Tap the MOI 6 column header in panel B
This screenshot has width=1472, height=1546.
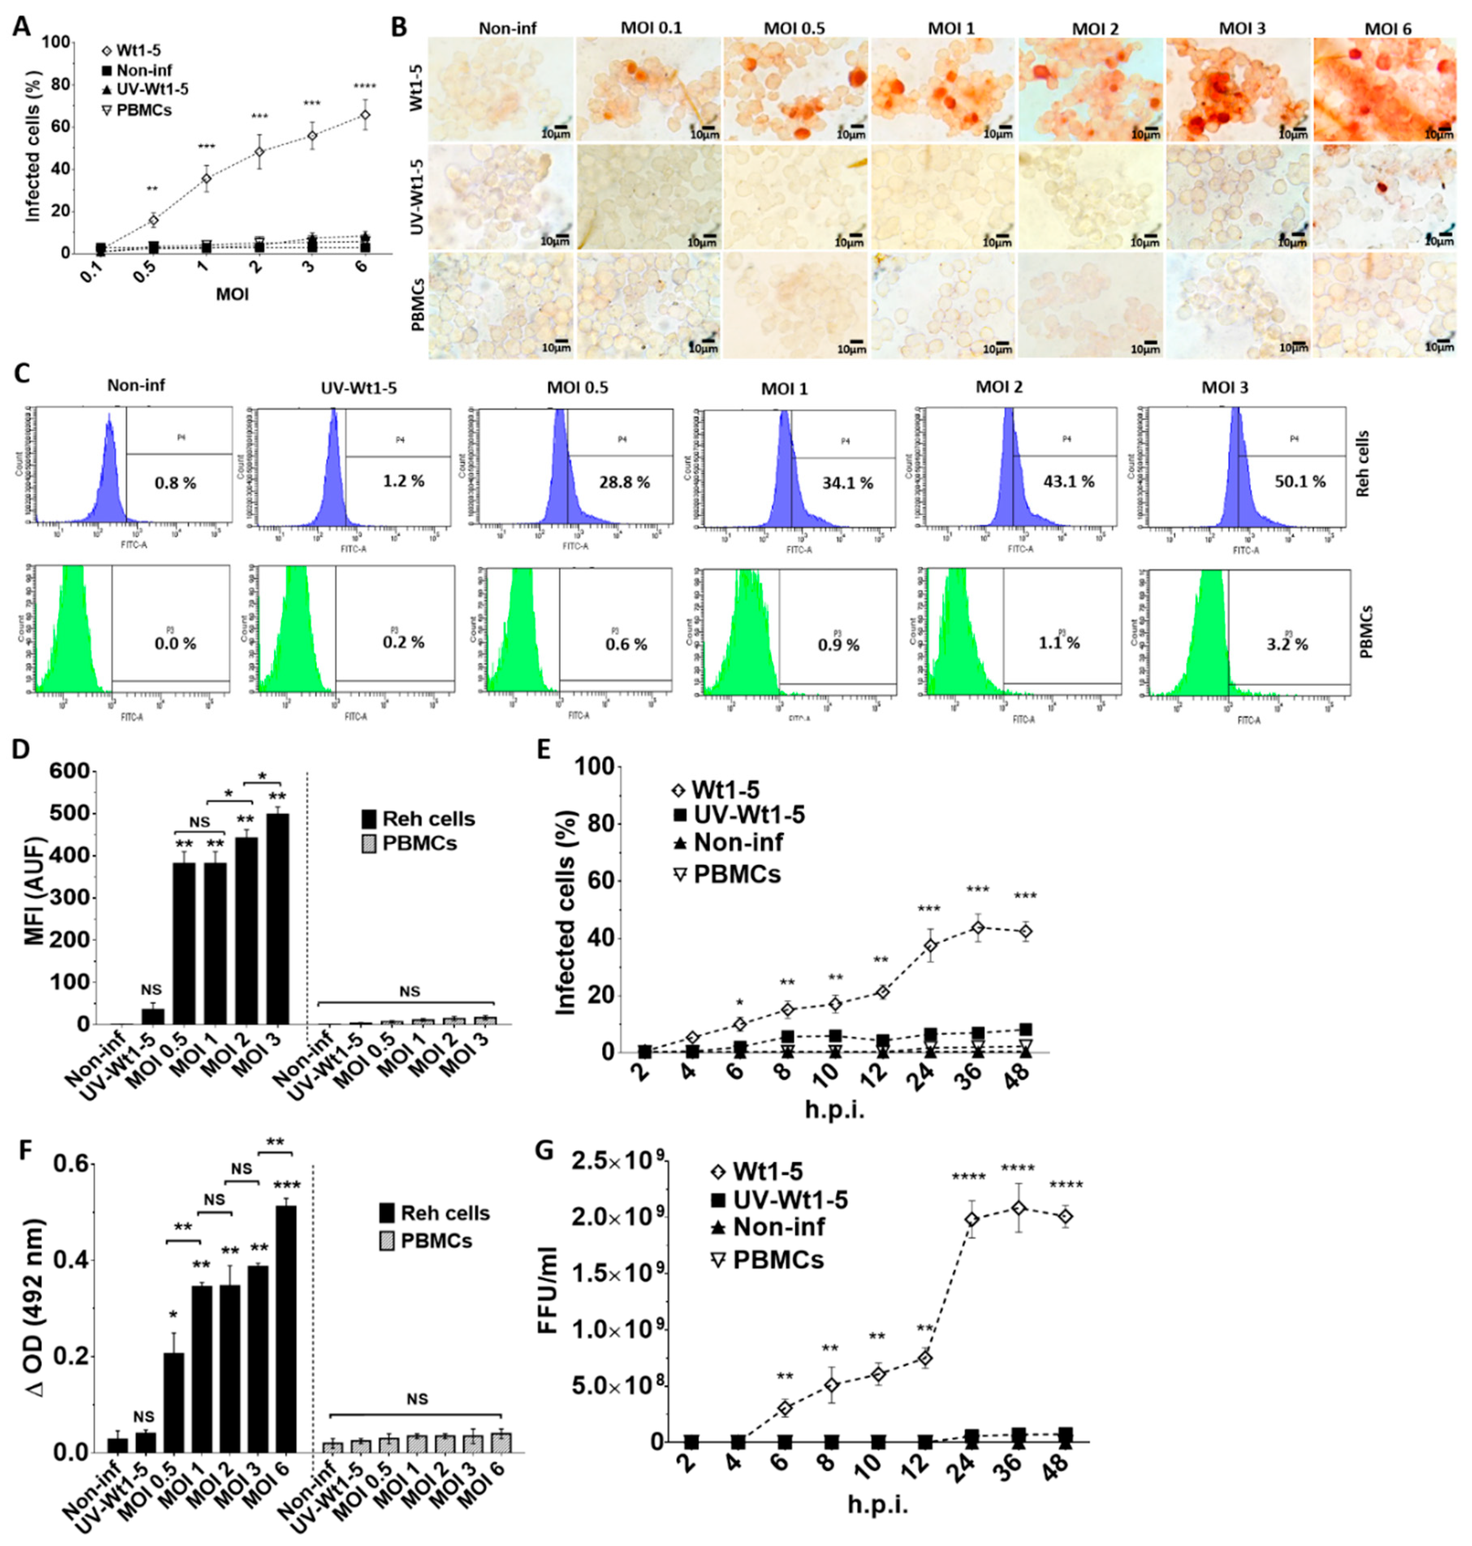(x=1387, y=29)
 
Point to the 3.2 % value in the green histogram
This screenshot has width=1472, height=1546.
(x=1287, y=645)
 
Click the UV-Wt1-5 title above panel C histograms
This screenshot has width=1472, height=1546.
(x=358, y=388)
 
